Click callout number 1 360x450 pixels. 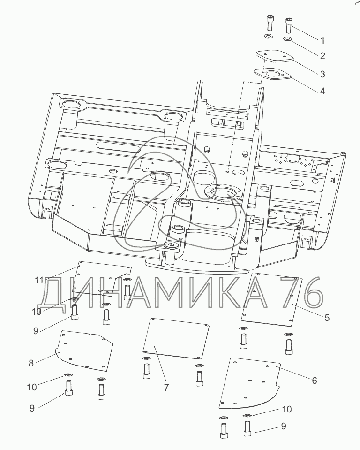coord(322,40)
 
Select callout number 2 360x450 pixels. coord(322,56)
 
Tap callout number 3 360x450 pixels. coord(322,74)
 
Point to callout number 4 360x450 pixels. coord(322,91)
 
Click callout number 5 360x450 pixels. coord(327,318)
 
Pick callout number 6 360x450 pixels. coord(315,381)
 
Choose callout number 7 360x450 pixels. coord(166,388)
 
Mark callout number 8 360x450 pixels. coord(31,363)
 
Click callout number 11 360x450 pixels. coord(39,280)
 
